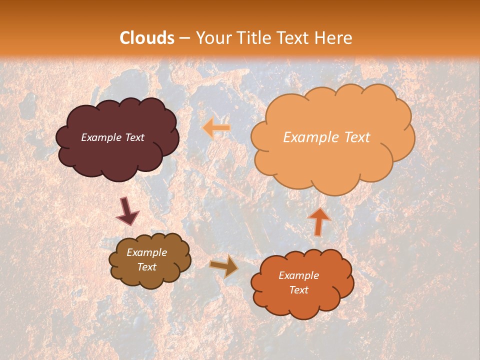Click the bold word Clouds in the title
pos(147,38)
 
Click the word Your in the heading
pos(214,38)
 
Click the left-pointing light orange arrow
pos(216,128)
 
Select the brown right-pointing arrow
pos(224,266)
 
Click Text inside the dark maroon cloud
pos(134,137)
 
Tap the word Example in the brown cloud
pos(147,252)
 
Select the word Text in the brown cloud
pos(147,267)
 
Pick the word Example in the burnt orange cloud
pos(299,275)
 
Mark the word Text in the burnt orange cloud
pos(299,290)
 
